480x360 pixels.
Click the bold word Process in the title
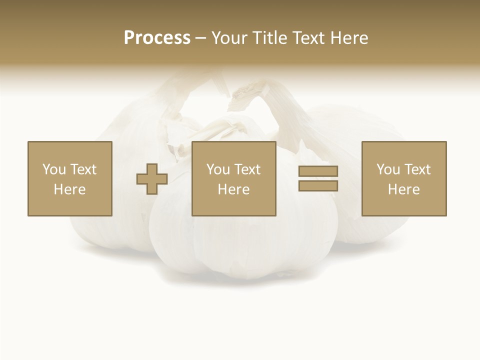click(x=157, y=38)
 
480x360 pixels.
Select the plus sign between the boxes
click(x=152, y=179)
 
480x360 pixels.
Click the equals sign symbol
click(x=318, y=178)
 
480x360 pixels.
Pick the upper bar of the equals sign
click(x=318, y=171)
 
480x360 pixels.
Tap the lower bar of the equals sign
click(x=318, y=186)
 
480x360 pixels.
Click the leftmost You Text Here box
click(x=70, y=179)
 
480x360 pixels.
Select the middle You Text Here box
click(x=233, y=179)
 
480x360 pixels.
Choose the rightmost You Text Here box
click(x=404, y=179)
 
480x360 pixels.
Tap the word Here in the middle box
click(x=233, y=189)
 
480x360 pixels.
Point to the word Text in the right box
click(x=417, y=169)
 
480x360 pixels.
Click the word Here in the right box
click(x=404, y=189)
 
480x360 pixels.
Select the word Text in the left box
click(x=83, y=169)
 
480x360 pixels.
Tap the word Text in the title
click(x=306, y=38)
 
